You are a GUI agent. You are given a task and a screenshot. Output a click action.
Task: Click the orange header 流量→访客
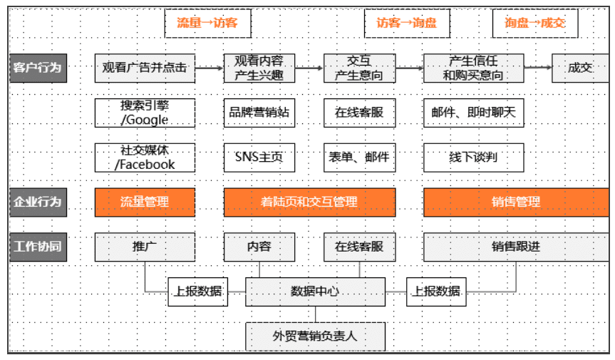pyautogui.click(x=207, y=23)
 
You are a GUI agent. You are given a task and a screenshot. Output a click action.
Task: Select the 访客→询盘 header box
pyautogui.click(x=407, y=23)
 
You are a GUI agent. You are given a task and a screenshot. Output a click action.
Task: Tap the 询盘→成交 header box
pyautogui.click(x=535, y=23)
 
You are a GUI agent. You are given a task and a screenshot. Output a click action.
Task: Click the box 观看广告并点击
pyautogui.click(x=145, y=68)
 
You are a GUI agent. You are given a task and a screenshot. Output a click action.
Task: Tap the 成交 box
pyautogui.click(x=579, y=68)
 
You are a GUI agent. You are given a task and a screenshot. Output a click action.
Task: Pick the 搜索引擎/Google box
pyautogui.click(x=145, y=113)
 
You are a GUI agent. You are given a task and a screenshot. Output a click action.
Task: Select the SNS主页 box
pyautogui.click(x=259, y=157)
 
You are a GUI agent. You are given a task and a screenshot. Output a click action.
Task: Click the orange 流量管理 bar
pyautogui.click(x=145, y=202)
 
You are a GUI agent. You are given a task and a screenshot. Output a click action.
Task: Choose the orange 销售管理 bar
pyautogui.click(x=516, y=202)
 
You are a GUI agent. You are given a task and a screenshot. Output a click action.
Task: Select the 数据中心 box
pyautogui.click(x=315, y=292)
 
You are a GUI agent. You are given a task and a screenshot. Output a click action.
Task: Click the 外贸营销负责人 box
pyautogui.click(x=315, y=336)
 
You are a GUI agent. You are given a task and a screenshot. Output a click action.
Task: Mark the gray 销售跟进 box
pyautogui.click(x=516, y=247)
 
